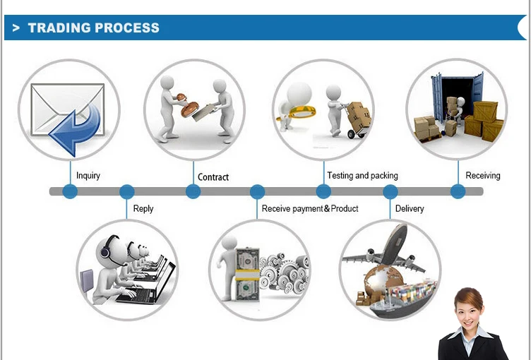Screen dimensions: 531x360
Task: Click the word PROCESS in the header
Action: (126, 28)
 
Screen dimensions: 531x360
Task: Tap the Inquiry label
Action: (88, 176)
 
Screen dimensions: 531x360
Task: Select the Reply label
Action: (143, 209)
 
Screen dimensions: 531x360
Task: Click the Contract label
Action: (213, 176)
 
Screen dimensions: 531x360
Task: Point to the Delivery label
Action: (410, 209)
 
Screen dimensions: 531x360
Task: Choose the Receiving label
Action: (482, 176)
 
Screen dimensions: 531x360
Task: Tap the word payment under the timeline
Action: (307, 209)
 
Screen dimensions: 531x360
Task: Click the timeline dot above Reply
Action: (127, 192)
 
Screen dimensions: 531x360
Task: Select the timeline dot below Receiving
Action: (458, 192)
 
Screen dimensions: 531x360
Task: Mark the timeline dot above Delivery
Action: (390, 192)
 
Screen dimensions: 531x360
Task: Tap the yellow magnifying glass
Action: (297, 112)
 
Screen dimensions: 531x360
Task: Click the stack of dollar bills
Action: (247, 275)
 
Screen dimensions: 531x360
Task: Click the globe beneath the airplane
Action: (383, 280)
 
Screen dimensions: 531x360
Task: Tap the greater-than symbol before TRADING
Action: (16, 28)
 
